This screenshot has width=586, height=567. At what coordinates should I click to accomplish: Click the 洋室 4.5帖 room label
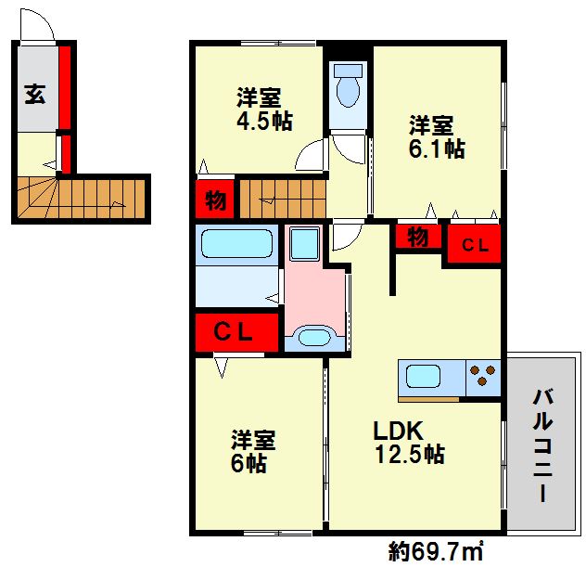pyautogui.click(x=258, y=110)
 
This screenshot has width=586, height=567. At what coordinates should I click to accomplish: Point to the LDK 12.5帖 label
pyautogui.click(x=408, y=443)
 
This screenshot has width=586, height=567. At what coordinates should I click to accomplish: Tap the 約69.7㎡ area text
pyautogui.click(x=435, y=552)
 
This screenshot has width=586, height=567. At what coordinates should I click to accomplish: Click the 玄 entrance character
pyautogui.click(x=34, y=93)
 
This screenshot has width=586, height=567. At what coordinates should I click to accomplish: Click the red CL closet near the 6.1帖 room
pyautogui.click(x=475, y=245)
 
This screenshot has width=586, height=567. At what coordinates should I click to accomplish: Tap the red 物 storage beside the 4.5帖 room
pyautogui.click(x=213, y=199)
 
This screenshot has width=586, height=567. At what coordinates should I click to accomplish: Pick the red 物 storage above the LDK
pyautogui.click(x=417, y=238)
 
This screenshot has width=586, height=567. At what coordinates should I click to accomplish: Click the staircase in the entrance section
pyautogui.click(x=83, y=197)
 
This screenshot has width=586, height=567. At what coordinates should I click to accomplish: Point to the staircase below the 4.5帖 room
pyautogui.click(x=282, y=197)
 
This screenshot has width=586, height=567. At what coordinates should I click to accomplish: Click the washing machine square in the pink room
pyautogui.click(x=303, y=244)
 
